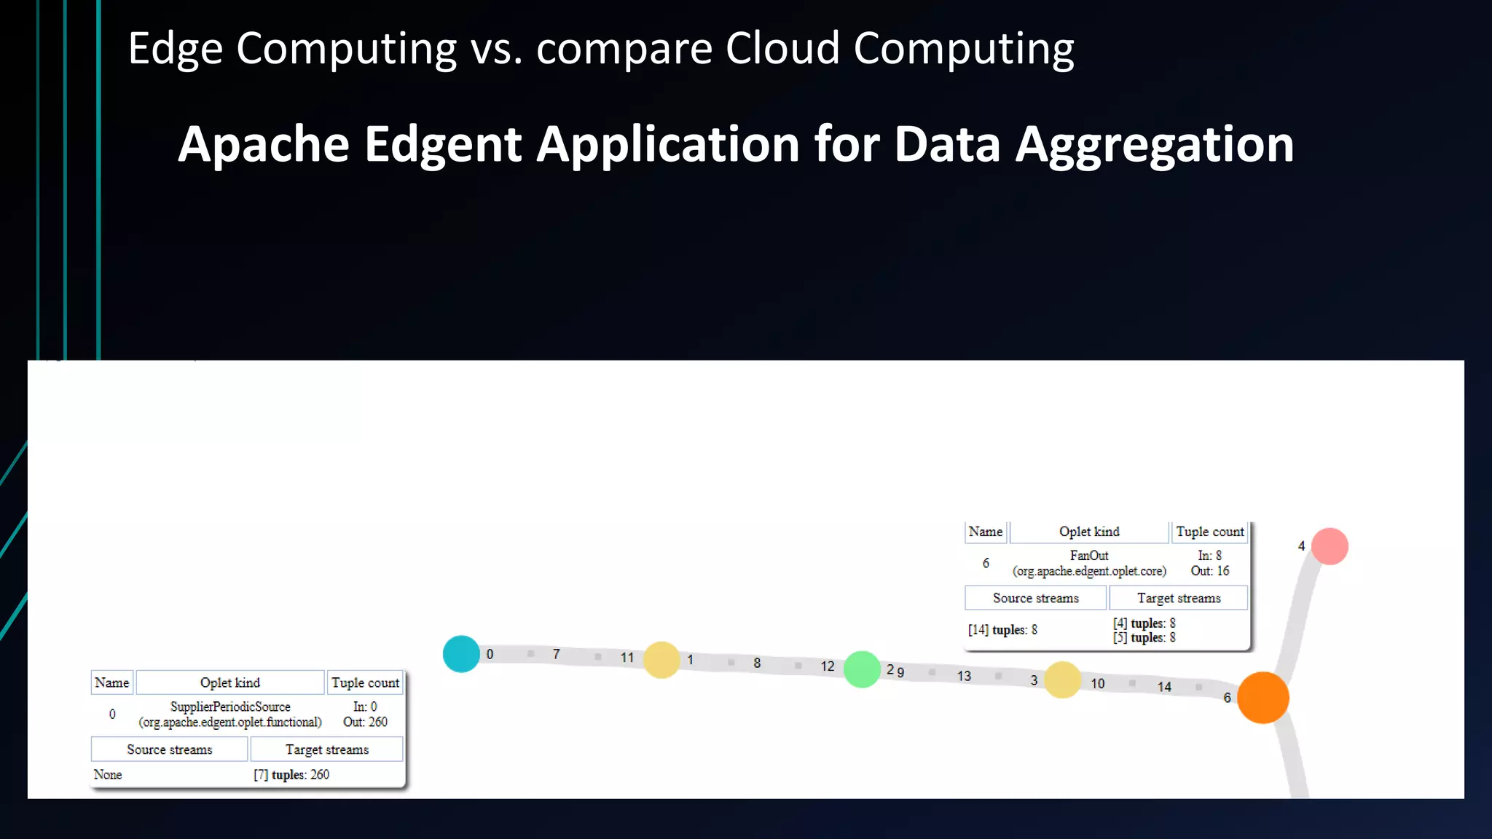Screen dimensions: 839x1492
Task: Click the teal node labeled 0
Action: click(461, 654)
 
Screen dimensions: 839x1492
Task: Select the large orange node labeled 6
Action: click(1263, 698)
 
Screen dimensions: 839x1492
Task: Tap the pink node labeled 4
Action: click(1330, 546)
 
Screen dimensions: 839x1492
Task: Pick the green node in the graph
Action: click(862, 669)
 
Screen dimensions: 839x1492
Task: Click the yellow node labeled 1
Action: click(661, 660)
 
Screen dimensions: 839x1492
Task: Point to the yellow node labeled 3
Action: click(1062, 680)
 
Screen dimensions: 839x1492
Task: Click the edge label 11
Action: click(627, 658)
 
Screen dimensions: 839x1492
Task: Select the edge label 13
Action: click(964, 677)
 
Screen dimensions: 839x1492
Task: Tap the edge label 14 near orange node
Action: click(1164, 687)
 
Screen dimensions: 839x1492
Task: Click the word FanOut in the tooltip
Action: click(1088, 556)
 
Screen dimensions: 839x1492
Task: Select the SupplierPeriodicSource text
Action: click(230, 706)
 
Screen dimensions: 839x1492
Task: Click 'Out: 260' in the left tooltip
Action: click(365, 722)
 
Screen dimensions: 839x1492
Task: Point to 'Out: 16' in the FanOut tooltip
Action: click(1209, 571)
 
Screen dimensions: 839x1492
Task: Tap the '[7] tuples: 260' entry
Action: click(291, 775)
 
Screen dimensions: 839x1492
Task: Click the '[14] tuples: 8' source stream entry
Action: click(1002, 630)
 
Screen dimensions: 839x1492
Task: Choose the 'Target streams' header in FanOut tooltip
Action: click(1178, 598)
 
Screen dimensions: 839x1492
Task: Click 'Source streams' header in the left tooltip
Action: click(169, 749)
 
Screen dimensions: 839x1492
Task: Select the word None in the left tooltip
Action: click(108, 775)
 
